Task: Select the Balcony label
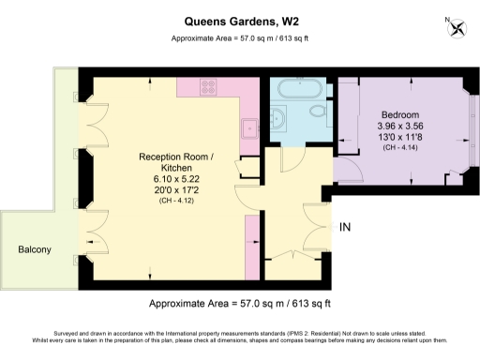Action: [35, 249]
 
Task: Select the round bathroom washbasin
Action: [280, 119]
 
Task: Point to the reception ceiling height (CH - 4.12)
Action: [176, 202]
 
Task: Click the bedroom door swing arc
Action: [347, 169]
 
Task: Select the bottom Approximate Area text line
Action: [241, 304]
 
